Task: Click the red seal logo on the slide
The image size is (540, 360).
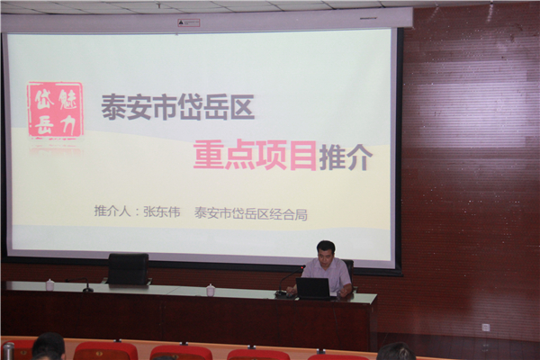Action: point(56,110)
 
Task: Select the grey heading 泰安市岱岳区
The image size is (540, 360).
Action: point(177,107)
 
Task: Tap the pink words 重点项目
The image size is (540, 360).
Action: point(255,156)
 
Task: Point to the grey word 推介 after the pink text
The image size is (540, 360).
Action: point(346,157)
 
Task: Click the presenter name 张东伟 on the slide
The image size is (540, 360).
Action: point(161,211)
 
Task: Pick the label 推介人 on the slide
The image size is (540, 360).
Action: point(112,211)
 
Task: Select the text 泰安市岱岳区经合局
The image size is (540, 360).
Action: point(251,213)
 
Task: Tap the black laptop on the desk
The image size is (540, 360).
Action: point(313,288)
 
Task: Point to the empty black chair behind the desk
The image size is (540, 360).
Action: point(128,269)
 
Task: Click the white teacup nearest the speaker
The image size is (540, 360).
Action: point(211,290)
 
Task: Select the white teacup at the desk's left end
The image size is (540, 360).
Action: point(50,284)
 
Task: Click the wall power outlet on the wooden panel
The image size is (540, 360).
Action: point(486,327)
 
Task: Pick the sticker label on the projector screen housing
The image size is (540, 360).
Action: point(189,22)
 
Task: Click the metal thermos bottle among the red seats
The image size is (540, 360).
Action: point(8,351)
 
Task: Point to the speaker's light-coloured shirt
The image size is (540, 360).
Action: point(328,275)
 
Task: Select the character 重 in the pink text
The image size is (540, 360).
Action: point(208,156)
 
